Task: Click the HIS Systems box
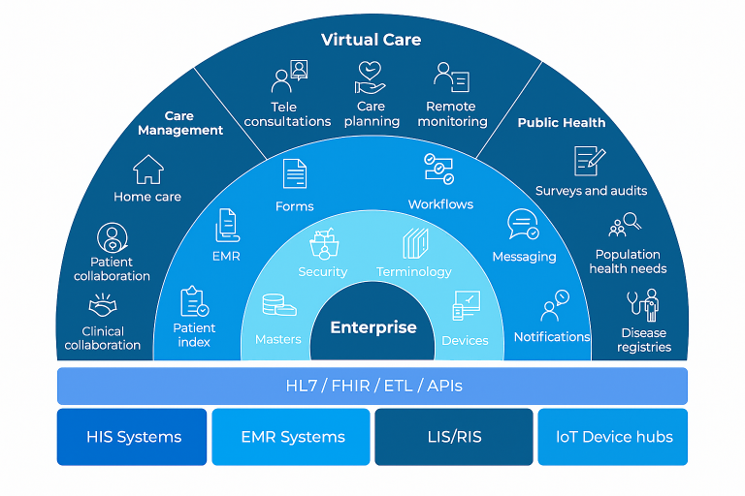(132, 437)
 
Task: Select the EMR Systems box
(292, 437)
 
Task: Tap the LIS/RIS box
(453, 437)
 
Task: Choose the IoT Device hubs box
(612, 437)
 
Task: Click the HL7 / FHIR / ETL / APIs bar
(372, 386)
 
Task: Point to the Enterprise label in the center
(372, 327)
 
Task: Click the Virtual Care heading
(372, 40)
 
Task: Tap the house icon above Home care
(147, 170)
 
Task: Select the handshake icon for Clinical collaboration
(103, 308)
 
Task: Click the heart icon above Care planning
(371, 76)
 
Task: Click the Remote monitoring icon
(451, 77)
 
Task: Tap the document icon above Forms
(294, 174)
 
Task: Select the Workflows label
(440, 204)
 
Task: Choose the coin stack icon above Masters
(278, 307)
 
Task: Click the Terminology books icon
(415, 243)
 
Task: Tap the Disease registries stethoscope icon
(643, 306)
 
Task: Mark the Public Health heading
(561, 123)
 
